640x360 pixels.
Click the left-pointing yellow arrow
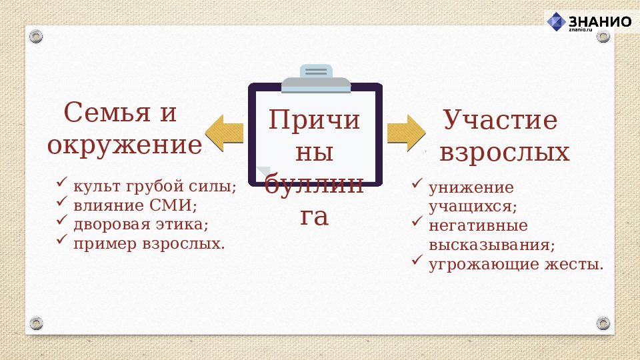(223, 132)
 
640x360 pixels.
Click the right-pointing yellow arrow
(405, 132)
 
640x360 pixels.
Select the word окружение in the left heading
(124, 144)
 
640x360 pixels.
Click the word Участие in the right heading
(500, 121)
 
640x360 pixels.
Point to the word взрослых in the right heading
(505, 152)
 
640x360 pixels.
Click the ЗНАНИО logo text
(601, 21)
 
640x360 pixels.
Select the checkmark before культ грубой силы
(62, 182)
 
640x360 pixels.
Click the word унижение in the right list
(471, 187)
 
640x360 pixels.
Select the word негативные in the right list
(478, 225)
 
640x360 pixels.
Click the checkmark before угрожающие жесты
(417, 259)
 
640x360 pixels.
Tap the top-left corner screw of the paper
(36, 36)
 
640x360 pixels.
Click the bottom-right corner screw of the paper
(603, 323)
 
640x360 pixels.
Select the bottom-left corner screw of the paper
(36, 323)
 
